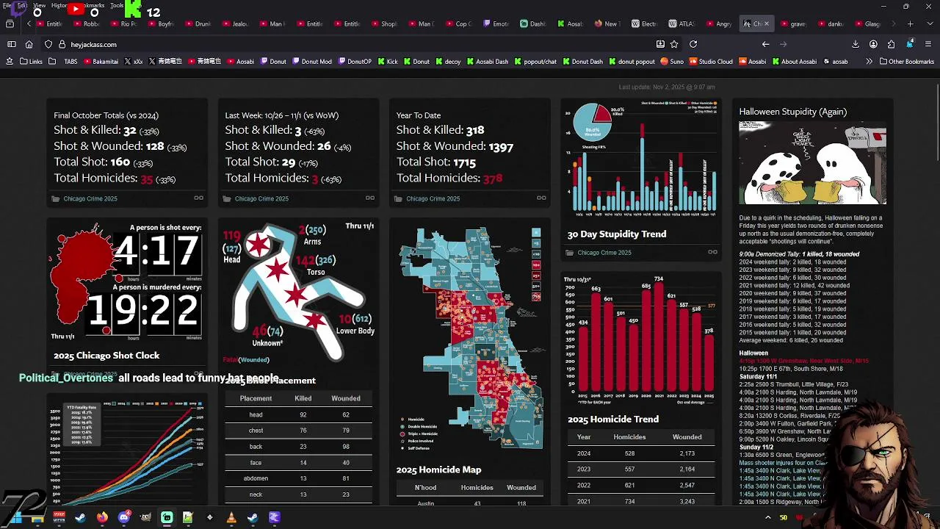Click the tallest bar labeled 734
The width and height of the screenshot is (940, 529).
coord(659,338)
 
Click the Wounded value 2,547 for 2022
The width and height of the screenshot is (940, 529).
coord(687,486)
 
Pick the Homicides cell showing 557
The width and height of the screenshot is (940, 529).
coord(629,469)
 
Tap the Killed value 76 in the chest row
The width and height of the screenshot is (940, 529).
coord(303,431)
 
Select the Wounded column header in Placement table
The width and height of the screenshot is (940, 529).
coord(345,398)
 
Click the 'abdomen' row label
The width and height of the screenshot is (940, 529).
coord(256,478)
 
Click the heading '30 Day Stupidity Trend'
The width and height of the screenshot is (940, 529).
coord(616,234)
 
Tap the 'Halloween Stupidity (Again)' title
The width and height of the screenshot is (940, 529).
coord(792,112)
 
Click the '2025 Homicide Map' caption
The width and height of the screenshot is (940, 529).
coord(438,469)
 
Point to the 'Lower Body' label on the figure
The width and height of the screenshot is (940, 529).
coord(355,331)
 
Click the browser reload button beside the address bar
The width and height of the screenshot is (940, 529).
coord(693,44)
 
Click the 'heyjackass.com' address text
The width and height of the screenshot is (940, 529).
coord(93,45)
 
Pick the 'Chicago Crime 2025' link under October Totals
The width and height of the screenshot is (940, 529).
coord(90,198)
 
